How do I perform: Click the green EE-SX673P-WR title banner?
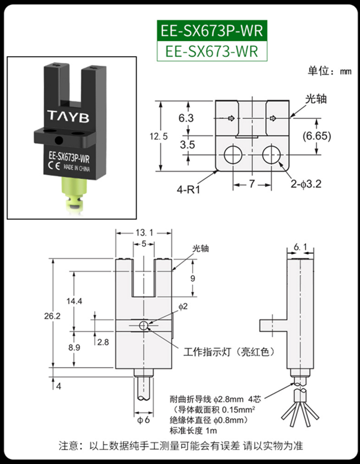(212, 31)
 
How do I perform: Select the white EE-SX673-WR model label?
(212, 51)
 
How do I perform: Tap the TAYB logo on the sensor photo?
(68, 116)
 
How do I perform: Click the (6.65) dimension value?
(317, 136)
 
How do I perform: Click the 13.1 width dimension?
(144, 233)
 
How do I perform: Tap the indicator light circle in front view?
(144, 326)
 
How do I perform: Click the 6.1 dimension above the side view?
(300, 247)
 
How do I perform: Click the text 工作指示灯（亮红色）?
(229, 352)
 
